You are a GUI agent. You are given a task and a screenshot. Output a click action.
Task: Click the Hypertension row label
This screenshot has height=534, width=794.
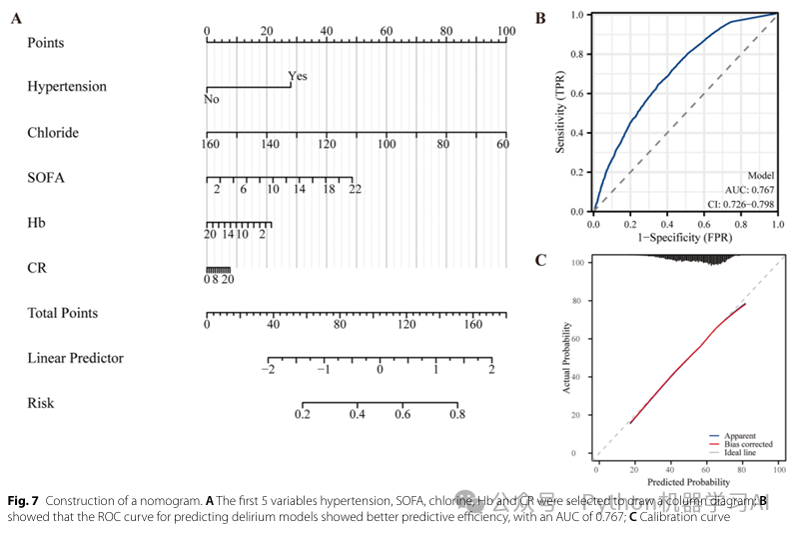67,87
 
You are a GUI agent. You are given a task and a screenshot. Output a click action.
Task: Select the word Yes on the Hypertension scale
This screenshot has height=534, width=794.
298,76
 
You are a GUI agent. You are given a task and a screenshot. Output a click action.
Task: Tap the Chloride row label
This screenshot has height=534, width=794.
53,133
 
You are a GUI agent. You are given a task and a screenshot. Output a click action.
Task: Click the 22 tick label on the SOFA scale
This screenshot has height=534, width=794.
355,189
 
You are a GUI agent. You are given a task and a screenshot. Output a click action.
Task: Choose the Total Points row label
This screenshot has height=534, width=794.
63,313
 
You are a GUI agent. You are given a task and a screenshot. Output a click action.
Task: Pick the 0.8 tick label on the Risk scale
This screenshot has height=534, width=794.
456,414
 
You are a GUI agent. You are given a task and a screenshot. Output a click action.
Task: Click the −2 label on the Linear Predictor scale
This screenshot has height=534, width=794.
267,369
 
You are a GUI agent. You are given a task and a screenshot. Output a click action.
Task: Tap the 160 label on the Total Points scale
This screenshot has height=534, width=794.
473,324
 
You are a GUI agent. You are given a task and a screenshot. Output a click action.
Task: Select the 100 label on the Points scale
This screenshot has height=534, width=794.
506,32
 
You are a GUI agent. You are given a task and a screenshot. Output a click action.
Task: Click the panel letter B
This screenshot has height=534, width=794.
540,17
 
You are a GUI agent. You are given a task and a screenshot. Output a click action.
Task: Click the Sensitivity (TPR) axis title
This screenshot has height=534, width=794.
562,112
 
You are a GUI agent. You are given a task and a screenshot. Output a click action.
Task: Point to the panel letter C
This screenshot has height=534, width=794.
540,261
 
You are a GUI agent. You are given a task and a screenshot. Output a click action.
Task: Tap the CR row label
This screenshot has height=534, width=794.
37,268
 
